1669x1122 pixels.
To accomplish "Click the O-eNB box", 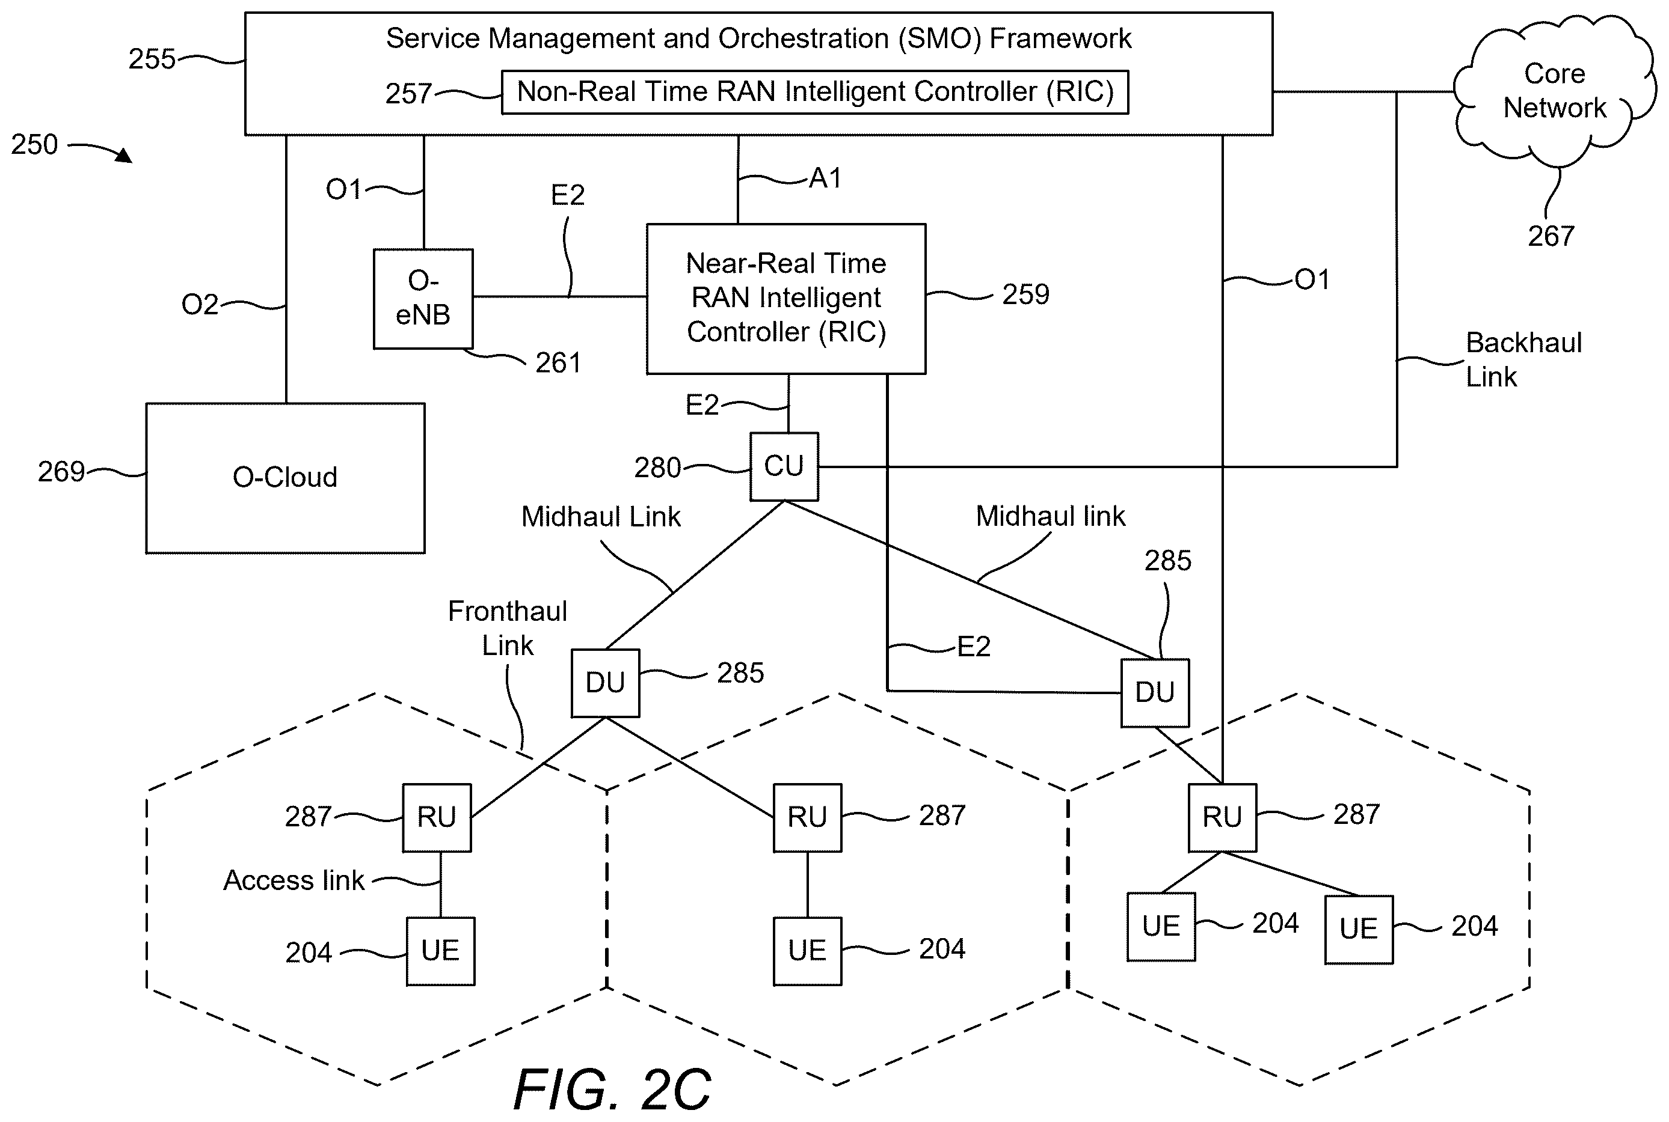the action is click(x=423, y=299).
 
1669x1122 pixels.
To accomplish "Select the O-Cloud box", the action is click(x=285, y=478).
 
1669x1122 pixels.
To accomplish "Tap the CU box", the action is click(x=784, y=466).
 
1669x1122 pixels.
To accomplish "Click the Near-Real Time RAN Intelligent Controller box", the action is click(x=786, y=299).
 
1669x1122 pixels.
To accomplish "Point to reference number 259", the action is click(x=1025, y=294).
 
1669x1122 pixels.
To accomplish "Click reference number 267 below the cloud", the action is click(x=1551, y=236).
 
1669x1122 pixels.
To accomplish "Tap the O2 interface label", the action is click(x=200, y=304).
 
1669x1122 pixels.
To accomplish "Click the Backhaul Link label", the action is click(x=1523, y=359).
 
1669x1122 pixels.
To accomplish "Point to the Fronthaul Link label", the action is click(x=508, y=627).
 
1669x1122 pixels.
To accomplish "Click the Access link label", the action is click(x=294, y=880).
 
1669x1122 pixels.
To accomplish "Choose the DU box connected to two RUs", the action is click(x=605, y=683).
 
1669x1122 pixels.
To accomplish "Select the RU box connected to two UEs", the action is click(x=1222, y=817).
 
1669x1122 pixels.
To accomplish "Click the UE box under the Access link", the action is click(x=440, y=951).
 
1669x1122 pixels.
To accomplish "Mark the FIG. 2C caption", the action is click(x=612, y=1089).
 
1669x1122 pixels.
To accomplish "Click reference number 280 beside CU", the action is click(x=657, y=468).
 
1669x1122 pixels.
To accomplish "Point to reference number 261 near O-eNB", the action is click(x=558, y=363).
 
